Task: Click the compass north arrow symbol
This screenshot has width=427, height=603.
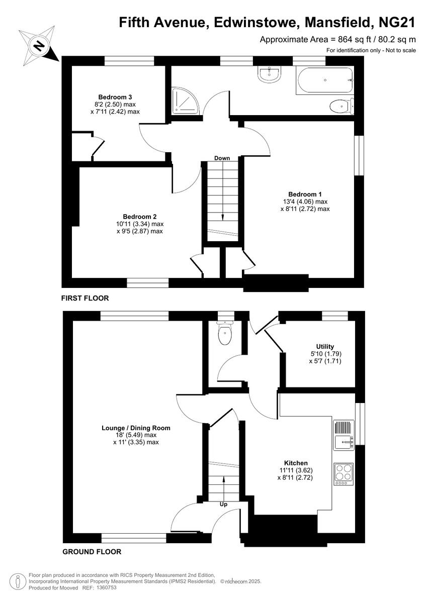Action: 39,46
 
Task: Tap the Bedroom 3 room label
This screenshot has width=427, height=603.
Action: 115,96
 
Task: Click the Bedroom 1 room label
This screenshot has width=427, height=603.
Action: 305,194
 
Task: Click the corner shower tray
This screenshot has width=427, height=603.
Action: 185,101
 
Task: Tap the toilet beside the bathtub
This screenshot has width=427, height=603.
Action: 341,107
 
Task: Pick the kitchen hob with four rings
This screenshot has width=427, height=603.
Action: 344,473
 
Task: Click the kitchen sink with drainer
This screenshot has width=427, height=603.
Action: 344,435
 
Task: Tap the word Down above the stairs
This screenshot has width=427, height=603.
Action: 222,158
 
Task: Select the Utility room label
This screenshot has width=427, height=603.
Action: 325,347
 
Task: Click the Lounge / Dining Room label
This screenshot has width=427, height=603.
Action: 136,428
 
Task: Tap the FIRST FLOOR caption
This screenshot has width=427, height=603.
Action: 85,298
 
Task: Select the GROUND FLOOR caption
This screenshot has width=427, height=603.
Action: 92,552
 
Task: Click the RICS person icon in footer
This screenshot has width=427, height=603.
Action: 18,581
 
